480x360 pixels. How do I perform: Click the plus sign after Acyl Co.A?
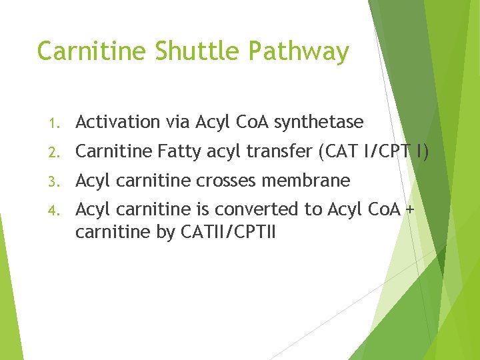pyautogui.click(x=409, y=209)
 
